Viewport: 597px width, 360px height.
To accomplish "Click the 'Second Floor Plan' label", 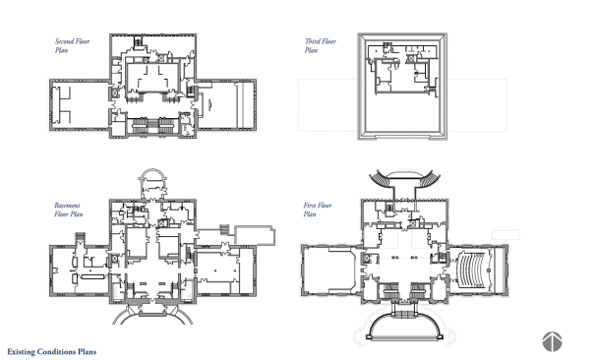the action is [73, 45].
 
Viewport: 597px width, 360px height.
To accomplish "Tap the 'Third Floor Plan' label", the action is [321, 45].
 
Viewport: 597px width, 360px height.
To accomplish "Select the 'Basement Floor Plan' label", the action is [68, 210].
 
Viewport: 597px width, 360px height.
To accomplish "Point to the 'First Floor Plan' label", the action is [318, 210].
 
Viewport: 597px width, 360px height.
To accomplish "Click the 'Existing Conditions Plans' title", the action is [52, 351].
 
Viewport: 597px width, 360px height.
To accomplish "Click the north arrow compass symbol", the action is [552, 341].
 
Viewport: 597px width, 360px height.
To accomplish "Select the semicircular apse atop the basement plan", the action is [152, 176].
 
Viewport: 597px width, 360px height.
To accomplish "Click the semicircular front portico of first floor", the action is [405, 323].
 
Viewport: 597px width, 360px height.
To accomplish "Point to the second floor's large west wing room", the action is [80, 105].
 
